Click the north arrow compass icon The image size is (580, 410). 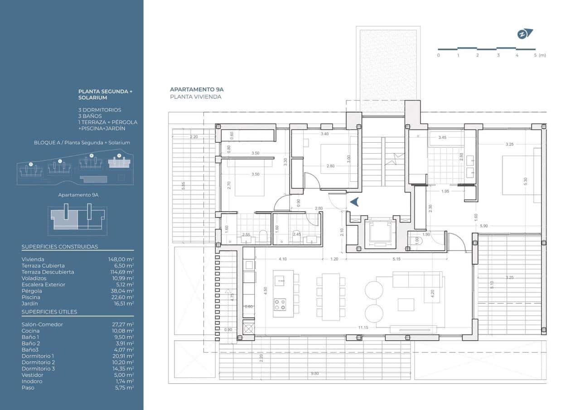pyautogui.click(x=525, y=34)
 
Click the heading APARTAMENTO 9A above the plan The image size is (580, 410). pyautogui.click(x=197, y=90)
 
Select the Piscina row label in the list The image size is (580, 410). pyautogui.click(x=31, y=297)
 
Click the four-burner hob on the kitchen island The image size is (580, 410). pyautogui.click(x=280, y=304)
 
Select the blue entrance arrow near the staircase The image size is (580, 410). pyautogui.click(x=355, y=202)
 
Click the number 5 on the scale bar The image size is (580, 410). pyautogui.click(x=535, y=55)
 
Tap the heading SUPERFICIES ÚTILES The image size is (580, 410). pyautogui.click(x=49, y=312)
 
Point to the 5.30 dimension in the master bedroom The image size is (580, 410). pyautogui.click(x=525, y=180)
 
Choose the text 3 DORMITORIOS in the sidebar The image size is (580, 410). pyautogui.click(x=100, y=110)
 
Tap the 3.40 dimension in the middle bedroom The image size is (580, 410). pyautogui.click(x=324, y=134)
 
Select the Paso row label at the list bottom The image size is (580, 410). pyautogui.click(x=28, y=387)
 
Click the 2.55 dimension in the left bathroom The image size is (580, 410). pyautogui.click(x=246, y=235)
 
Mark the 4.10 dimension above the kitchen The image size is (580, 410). pyautogui.click(x=282, y=259)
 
